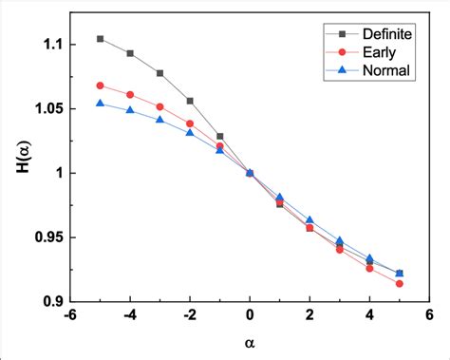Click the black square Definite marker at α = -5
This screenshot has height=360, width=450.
tap(101, 39)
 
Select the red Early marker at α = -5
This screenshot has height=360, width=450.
tap(101, 85)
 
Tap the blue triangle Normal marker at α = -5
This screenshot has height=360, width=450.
tap(101, 103)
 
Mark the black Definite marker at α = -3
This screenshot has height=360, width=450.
tap(160, 73)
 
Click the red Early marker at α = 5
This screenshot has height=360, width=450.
tap(399, 283)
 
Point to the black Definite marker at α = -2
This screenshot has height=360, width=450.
tap(190, 101)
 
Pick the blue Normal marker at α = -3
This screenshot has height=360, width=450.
tap(160, 120)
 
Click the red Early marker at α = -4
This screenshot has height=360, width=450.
tap(130, 95)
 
